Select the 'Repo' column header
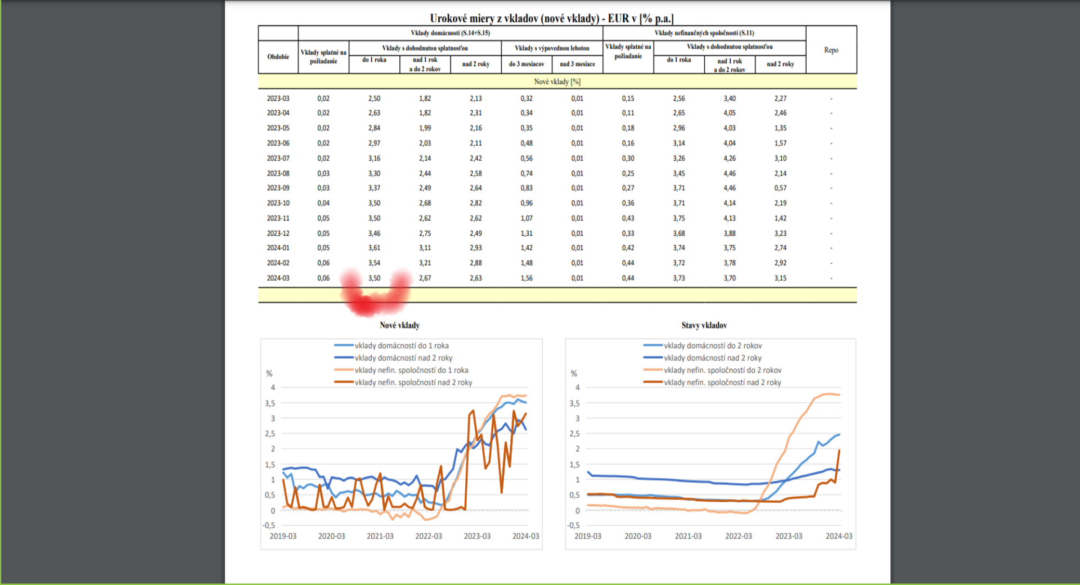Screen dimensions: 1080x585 point(831,50)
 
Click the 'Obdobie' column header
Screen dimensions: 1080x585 point(278,57)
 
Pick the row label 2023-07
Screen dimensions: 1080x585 point(278,159)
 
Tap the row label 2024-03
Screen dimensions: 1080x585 point(278,278)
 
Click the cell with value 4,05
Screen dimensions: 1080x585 point(730,113)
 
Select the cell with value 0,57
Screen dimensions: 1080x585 point(780,188)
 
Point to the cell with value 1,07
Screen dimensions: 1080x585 point(526,218)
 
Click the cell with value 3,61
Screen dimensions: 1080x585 point(374,248)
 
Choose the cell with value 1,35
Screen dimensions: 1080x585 point(780,128)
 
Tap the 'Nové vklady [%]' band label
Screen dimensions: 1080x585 point(557,82)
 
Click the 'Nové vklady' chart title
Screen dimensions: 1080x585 point(399,325)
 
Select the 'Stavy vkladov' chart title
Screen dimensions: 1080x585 point(704,325)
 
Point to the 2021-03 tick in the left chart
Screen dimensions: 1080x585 point(380,536)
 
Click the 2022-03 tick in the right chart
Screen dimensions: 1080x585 point(739,536)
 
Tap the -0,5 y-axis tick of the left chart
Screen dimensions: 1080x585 point(269,525)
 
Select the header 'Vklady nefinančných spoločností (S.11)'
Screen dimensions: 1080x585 point(704,33)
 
